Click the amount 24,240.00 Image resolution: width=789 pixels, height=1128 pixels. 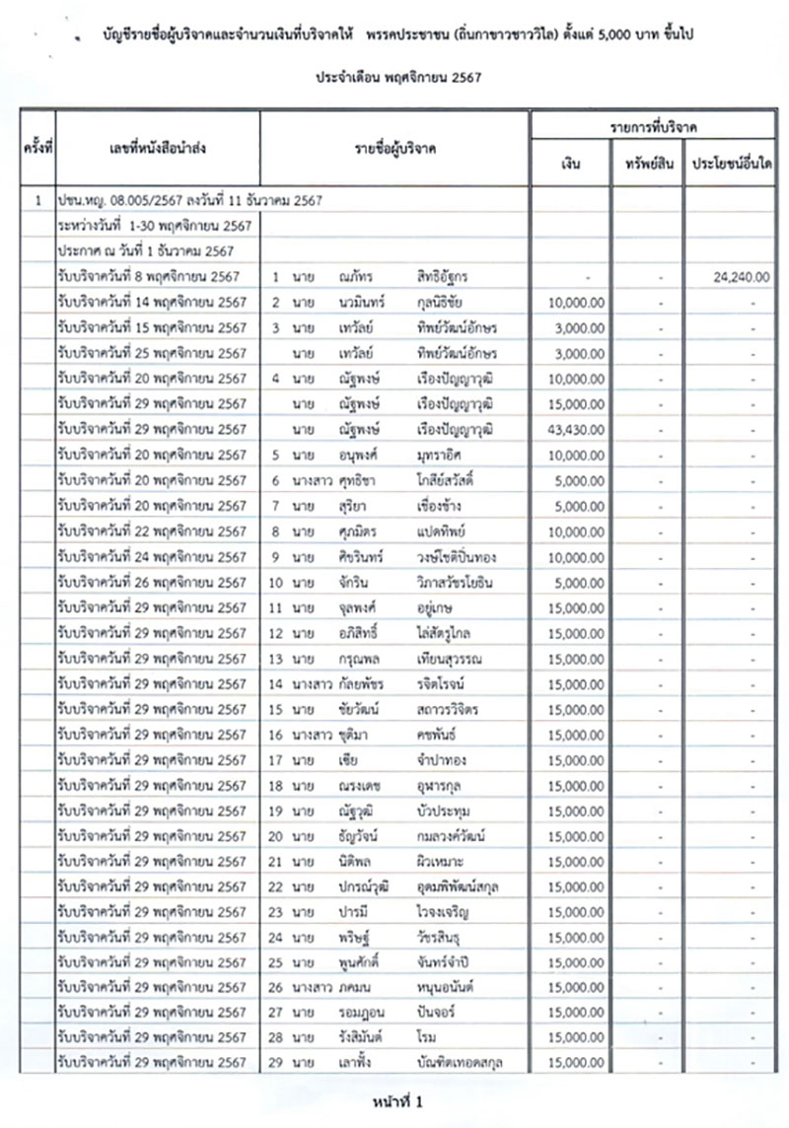point(741,277)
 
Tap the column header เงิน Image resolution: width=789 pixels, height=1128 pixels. point(570,164)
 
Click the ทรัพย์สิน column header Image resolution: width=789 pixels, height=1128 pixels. point(648,164)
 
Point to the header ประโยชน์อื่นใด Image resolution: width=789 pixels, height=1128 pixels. point(732,164)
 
